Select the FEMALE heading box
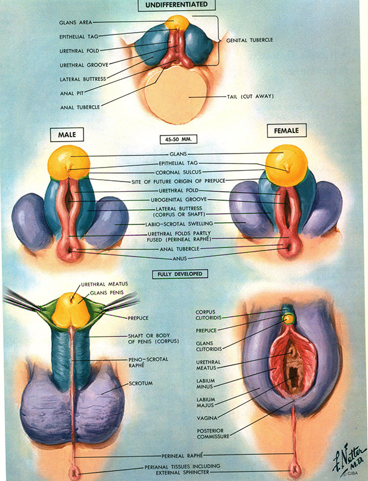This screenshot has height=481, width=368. click(287, 130)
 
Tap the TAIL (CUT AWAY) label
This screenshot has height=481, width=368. click(249, 96)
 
